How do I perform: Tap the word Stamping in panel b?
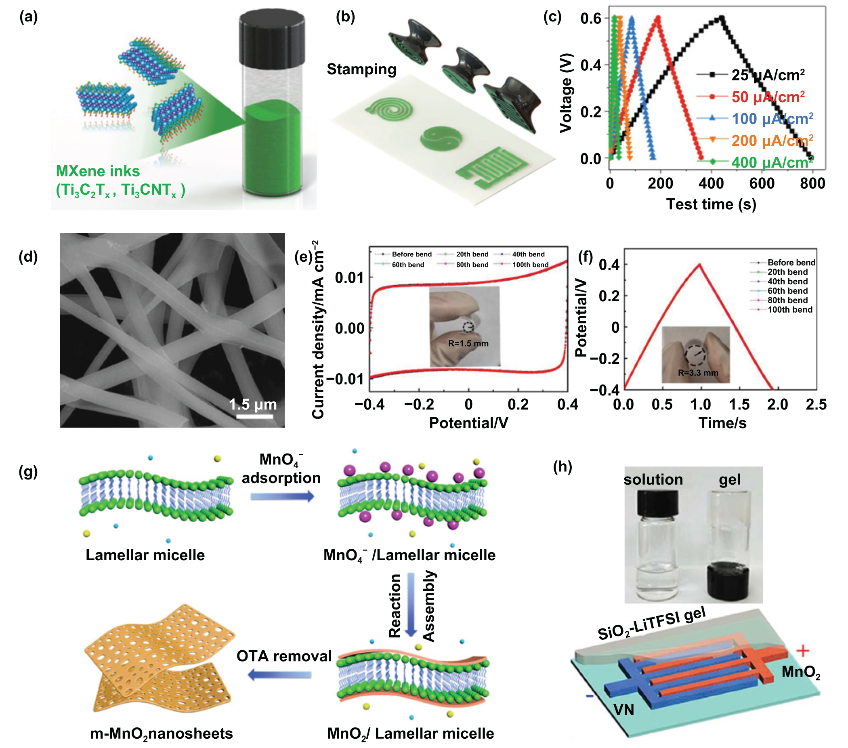pyautogui.click(x=361, y=69)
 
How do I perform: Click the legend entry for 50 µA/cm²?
pyautogui.click(x=767, y=97)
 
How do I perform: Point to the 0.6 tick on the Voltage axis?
pyautogui.click(x=591, y=19)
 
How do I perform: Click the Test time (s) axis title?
pyautogui.click(x=711, y=204)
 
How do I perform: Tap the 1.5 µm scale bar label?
pyautogui.click(x=253, y=404)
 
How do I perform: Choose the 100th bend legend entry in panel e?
pyautogui.click(x=530, y=265)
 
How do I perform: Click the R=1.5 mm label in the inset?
pyautogui.click(x=468, y=344)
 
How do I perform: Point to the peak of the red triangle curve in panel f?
pyautogui.click(x=699, y=264)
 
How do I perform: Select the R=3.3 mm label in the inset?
pyautogui.click(x=698, y=372)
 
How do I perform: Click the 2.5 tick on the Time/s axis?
pyautogui.click(x=816, y=404)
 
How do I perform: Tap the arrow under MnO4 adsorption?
pyautogui.click(x=283, y=496)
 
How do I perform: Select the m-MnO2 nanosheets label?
pyautogui.click(x=162, y=733)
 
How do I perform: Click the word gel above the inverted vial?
pyautogui.click(x=729, y=479)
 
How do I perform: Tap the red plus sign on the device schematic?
pyautogui.click(x=803, y=651)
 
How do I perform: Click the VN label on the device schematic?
pyautogui.click(x=623, y=710)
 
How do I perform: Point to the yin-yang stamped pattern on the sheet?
pyautogui.click(x=440, y=138)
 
